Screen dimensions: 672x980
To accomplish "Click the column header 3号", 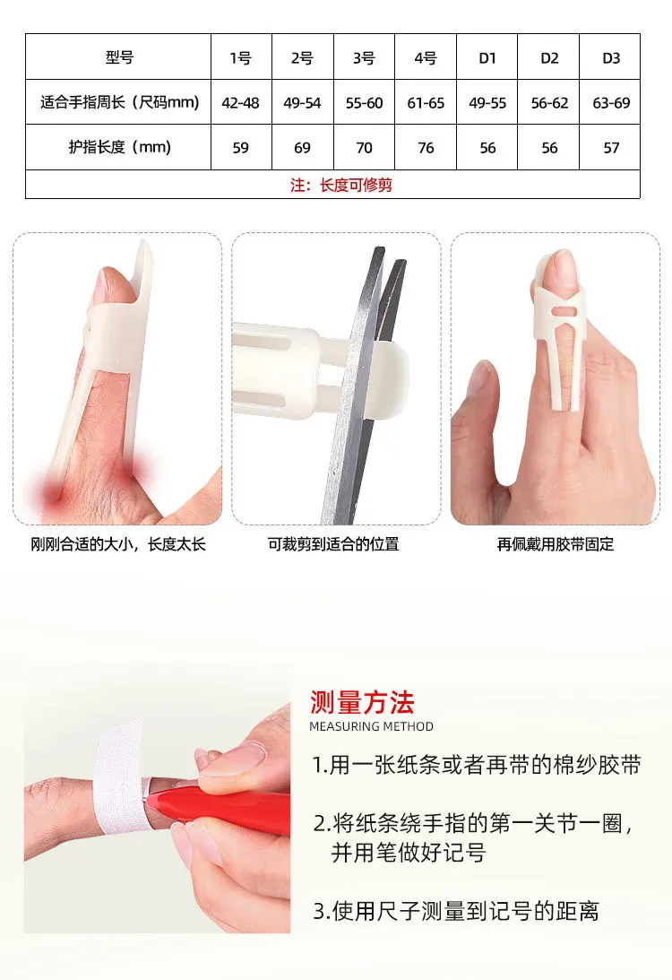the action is [x=364, y=58].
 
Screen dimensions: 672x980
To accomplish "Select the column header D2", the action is [x=549, y=58].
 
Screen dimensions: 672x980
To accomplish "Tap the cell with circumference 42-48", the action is [x=240, y=102].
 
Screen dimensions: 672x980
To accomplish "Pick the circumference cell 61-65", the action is [x=426, y=102].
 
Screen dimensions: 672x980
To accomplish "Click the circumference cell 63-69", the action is [x=611, y=102].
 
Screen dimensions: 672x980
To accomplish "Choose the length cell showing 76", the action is [x=426, y=148].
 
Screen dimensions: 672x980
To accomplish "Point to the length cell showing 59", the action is [x=240, y=148].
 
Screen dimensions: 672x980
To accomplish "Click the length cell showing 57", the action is [x=611, y=148].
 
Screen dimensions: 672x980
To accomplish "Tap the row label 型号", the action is [x=118, y=57].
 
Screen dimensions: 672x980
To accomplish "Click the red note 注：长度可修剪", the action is [x=341, y=185].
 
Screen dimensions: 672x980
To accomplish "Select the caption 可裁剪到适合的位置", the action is [x=333, y=543].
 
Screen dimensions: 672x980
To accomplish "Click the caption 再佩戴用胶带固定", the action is [x=556, y=543].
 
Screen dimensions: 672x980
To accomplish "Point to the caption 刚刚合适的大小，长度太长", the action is [x=118, y=543].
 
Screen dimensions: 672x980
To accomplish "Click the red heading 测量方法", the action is [x=362, y=703].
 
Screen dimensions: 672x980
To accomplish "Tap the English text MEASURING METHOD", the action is [x=371, y=726].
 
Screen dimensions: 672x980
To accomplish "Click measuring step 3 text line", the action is [x=455, y=911].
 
